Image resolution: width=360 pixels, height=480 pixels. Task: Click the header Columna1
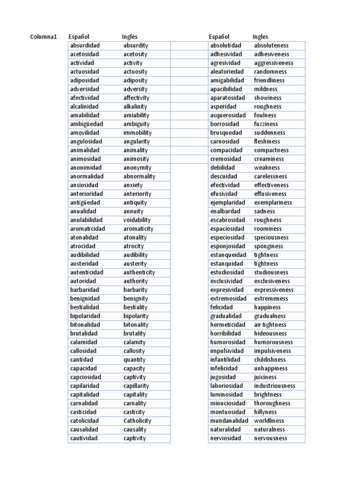[x=44, y=37]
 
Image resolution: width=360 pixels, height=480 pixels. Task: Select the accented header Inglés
[x=130, y=37]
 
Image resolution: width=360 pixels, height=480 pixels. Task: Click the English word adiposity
[x=136, y=80]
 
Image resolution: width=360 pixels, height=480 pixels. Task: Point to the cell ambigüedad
[x=86, y=124]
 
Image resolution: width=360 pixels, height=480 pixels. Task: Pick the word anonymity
[x=137, y=167]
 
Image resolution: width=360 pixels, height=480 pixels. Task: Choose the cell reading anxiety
[x=133, y=185]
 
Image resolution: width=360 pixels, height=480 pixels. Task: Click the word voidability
[x=137, y=220]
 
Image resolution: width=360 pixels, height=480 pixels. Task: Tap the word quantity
[x=135, y=360]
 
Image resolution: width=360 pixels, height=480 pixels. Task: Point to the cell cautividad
[x=84, y=438]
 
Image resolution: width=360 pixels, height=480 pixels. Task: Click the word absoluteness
[x=271, y=45]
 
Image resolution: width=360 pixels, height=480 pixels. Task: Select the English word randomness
[x=270, y=72]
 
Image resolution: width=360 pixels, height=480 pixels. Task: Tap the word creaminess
[x=269, y=159]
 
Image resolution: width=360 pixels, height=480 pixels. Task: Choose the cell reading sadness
[x=265, y=211]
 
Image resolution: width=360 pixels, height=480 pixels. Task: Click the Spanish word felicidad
[x=221, y=307]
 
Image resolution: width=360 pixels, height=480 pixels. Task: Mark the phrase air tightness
[x=270, y=325]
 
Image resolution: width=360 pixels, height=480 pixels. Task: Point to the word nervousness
[x=270, y=438]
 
